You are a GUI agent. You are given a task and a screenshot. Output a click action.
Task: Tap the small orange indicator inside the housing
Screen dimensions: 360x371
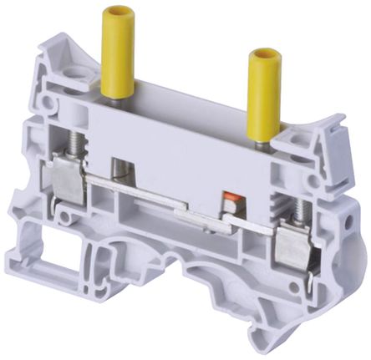226,200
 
